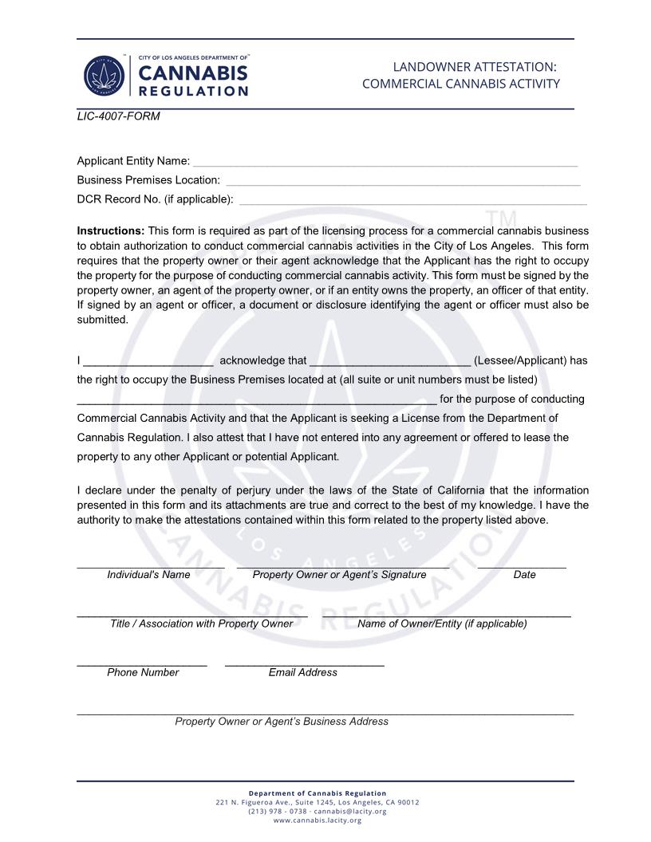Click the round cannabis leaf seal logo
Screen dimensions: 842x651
[104, 77]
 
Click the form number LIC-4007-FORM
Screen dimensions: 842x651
[118, 116]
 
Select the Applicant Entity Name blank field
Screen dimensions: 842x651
[385, 162]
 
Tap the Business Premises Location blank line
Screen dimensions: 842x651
[403, 181]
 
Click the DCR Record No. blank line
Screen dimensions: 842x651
[412, 200]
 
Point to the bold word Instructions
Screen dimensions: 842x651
[111, 231]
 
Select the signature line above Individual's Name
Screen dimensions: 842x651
[150, 565]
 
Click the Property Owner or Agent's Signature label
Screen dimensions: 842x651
[339, 575]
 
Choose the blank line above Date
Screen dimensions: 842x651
[522, 565]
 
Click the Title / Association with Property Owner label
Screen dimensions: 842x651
[201, 624]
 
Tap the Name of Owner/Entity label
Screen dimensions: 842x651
[442, 624]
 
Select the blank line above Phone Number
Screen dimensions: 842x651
[142, 663]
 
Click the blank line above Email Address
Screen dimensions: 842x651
[304, 663]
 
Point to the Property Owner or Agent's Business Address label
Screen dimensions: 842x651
[282, 722]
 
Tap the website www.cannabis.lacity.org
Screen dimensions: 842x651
[318, 820]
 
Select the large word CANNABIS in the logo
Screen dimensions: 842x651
[193, 73]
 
